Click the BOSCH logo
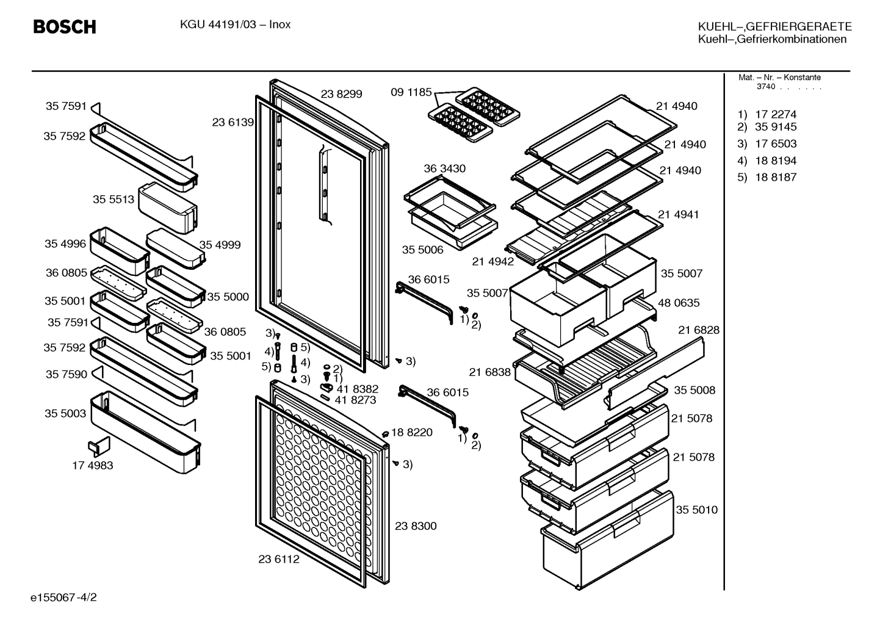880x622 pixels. tap(65, 27)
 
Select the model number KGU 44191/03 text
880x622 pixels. tap(218, 24)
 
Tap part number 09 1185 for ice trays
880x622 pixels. tap(411, 92)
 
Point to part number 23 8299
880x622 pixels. tap(341, 94)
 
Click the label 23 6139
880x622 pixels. tap(233, 122)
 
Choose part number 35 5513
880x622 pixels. tap(113, 199)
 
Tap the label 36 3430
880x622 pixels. tap(444, 168)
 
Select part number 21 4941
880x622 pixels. tap(679, 214)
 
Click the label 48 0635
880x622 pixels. tap(679, 303)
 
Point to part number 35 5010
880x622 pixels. tap(696, 510)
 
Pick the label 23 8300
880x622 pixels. tap(416, 526)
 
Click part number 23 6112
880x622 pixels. tap(278, 559)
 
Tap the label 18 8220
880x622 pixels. tap(412, 432)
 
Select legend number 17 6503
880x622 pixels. tap(776, 143)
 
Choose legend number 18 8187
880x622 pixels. tap(776, 177)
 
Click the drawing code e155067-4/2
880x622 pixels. tap(63, 598)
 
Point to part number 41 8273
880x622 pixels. tap(355, 400)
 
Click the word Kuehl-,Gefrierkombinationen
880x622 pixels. tap(772, 39)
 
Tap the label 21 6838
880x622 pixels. tap(490, 372)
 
